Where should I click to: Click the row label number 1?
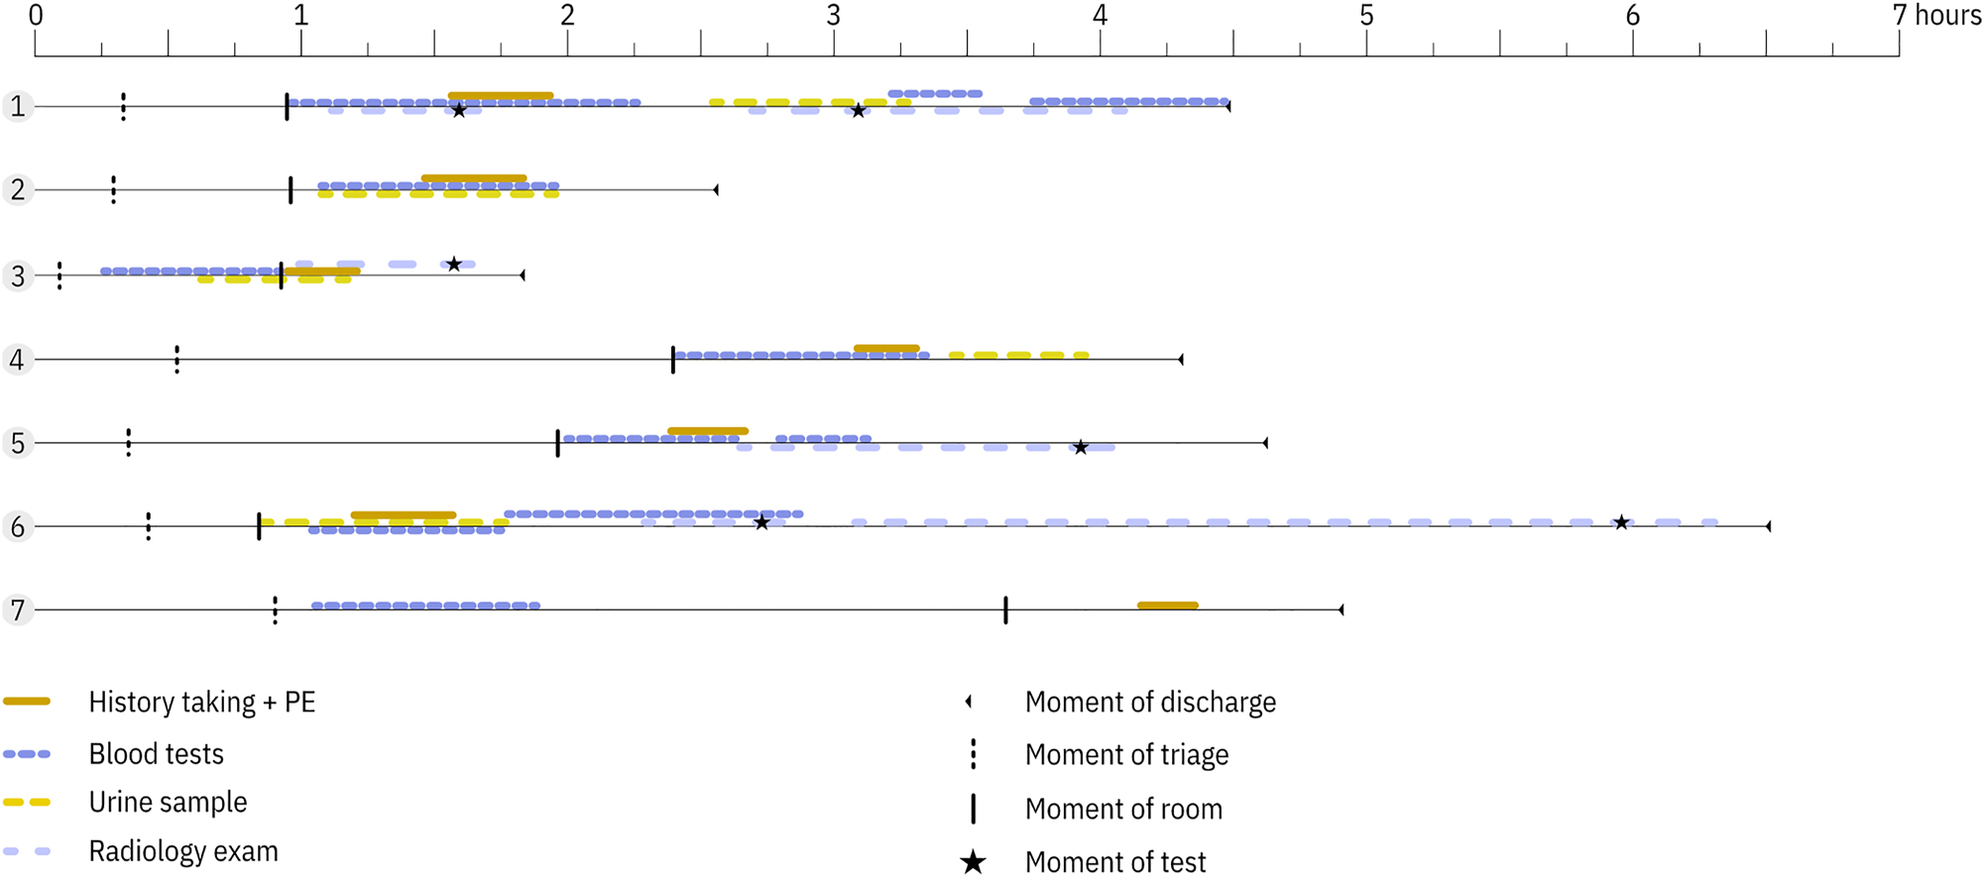click(x=17, y=106)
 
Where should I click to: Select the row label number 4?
click(x=17, y=359)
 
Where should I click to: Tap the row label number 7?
click(x=17, y=609)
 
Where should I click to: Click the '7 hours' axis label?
click(x=1936, y=15)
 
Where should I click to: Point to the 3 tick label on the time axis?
click(x=833, y=15)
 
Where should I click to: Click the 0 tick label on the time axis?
click(x=36, y=15)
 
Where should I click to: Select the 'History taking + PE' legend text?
click(x=202, y=702)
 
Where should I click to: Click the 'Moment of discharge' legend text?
click(x=1150, y=702)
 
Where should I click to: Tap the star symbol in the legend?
click(x=973, y=862)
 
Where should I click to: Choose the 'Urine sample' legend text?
click(x=168, y=802)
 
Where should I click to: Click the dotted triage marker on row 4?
click(x=177, y=359)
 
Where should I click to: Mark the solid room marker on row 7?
click(x=1005, y=609)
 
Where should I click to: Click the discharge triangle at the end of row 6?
click(x=1768, y=526)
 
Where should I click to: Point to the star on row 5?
click(x=1081, y=448)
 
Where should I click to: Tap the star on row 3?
click(x=453, y=265)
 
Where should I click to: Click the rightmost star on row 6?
click(x=1621, y=522)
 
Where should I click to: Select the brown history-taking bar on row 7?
click(x=1168, y=605)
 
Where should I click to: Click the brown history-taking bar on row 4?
click(x=886, y=349)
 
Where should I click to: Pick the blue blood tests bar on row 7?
click(x=426, y=605)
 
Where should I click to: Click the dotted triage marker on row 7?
click(x=275, y=609)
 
